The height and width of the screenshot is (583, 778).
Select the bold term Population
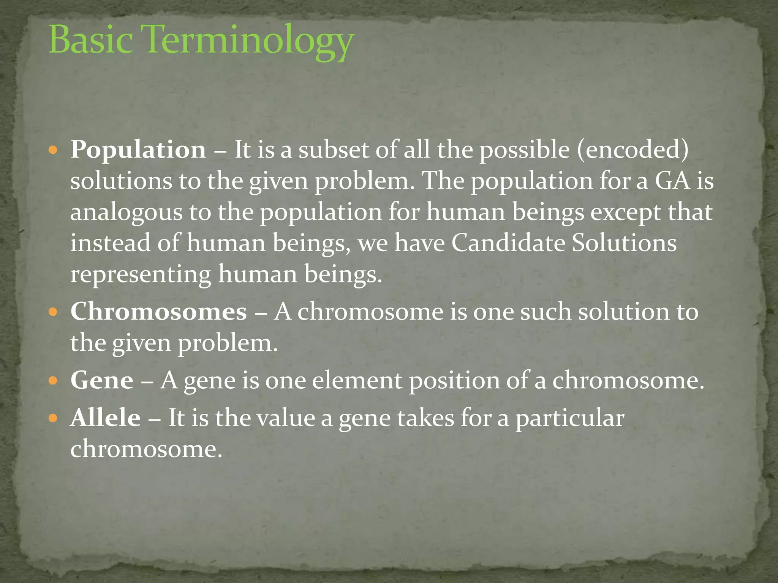[138, 150]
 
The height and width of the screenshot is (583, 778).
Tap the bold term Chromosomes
[159, 312]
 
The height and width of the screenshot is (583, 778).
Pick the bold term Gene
[102, 380]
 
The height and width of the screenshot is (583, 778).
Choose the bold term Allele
[106, 418]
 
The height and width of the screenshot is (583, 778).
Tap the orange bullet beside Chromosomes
[53, 313]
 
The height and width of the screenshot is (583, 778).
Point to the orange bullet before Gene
[53, 381]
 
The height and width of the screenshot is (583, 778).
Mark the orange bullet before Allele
[53, 419]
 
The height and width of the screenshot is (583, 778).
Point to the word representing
[141, 275]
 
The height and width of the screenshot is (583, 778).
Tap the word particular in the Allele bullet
[570, 419]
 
